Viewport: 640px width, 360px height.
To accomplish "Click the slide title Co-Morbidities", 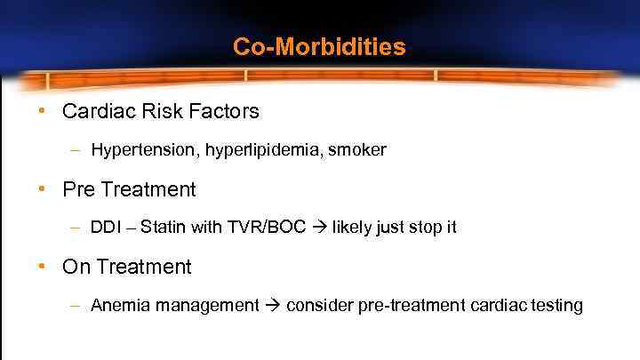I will [x=319, y=46].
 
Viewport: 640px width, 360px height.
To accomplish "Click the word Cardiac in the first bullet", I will [x=97, y=111].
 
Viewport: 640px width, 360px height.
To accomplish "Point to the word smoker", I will [x=357, y=150].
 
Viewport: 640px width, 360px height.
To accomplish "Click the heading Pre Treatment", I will [x=129, y=189].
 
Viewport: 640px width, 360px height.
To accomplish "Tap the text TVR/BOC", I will [x=263, y=228].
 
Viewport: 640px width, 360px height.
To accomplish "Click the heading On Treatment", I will [x=127, y=267].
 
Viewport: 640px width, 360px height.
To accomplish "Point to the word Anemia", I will [x=120, y=306].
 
